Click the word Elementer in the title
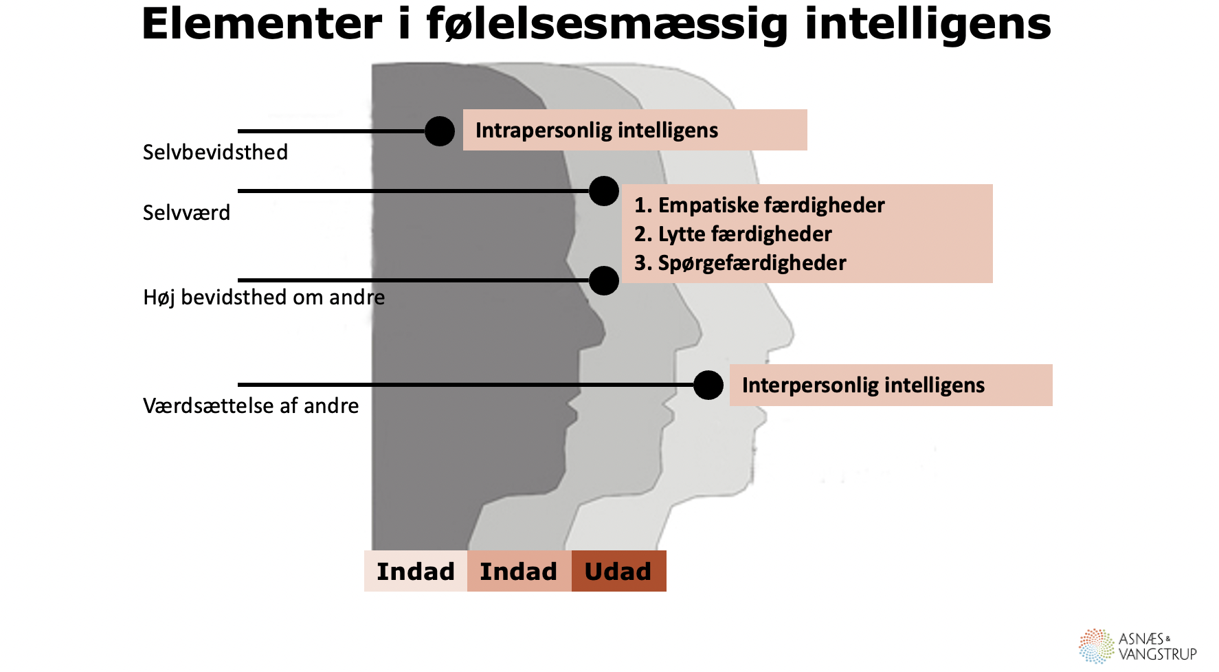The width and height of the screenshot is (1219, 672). pos(261,25)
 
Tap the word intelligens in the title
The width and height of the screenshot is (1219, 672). pos(928,25)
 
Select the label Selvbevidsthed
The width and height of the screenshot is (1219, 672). pos(215,152)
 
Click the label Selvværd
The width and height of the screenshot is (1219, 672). pos(186,212)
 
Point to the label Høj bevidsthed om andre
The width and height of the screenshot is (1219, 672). pos(264,297)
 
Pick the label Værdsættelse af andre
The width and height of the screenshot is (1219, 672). pos(251,405)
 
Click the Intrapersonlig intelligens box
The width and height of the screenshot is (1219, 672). pos(634,130)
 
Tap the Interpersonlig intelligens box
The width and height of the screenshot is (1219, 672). pos(890,385)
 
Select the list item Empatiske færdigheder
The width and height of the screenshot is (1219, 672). pos(759,205)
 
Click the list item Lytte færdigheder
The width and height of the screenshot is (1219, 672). pos(732,234)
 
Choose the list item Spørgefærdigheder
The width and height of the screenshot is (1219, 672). pos(740,262)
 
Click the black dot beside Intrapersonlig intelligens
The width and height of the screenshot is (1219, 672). pos(440,131)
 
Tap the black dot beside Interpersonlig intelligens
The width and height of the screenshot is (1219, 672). pos(708,385)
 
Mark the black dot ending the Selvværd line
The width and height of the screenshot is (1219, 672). pos(604,191)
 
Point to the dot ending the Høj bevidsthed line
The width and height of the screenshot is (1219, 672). pos(604,280)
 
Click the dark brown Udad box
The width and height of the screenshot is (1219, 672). pos(618,571)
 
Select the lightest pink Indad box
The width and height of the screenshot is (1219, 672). pos(416,571)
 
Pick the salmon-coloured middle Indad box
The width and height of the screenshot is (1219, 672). pos(519,571)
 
